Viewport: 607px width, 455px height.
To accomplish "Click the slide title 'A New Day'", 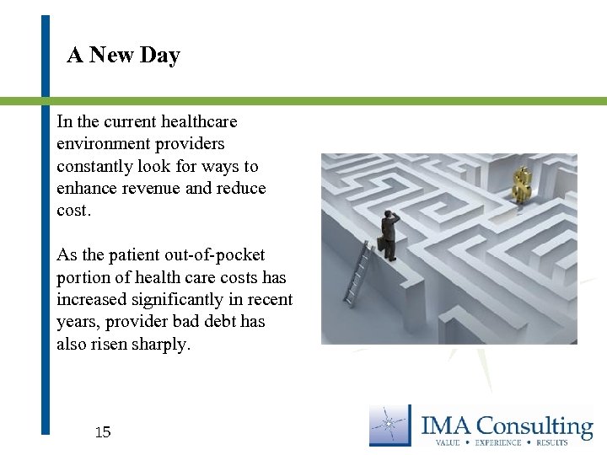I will (123, 56).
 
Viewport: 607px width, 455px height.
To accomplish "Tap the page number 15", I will (102, 432).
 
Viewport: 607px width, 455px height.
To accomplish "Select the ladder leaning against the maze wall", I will (356, 272).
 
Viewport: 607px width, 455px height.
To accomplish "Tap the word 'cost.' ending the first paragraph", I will (73, 210).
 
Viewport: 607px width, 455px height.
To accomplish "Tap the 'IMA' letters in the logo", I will (448, 426).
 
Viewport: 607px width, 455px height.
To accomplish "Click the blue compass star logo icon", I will (390, 426).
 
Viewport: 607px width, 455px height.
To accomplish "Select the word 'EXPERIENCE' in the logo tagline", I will (498, 442).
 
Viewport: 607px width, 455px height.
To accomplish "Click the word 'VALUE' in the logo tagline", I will (448, 442).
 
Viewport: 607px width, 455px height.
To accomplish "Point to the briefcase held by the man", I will (382, 244).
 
